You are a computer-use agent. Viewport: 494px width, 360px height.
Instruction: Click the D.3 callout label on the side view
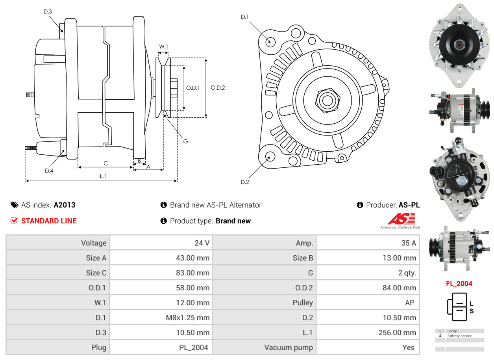(x=48, y=11)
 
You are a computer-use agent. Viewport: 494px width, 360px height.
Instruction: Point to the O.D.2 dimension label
(x=218, y=87)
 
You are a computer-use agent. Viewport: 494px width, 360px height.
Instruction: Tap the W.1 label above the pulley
(x=163, y=46)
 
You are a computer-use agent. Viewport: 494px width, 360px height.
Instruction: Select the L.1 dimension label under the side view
(x=103, y=176)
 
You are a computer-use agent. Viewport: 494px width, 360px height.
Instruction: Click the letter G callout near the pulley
(x=185, y=141)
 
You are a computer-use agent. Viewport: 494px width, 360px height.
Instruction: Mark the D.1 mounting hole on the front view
(x=270, y=41)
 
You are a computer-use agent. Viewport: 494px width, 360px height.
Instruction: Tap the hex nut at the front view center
(x=326, y=100)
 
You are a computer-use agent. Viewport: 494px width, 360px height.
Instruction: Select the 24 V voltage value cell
(x=202, y=243)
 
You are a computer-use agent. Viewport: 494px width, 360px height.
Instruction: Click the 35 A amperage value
(x=409, y=243)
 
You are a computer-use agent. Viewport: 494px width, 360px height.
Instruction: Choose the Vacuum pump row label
(x=289, y=347)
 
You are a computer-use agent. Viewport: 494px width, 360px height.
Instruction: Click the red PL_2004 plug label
(x=459, y=284)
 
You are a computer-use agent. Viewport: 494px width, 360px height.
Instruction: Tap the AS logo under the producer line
(x=401, y=219)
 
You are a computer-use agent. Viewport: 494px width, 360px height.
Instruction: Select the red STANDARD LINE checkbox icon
(x=14, y=221)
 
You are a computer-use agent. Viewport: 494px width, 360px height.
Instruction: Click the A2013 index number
(x=65, y=205)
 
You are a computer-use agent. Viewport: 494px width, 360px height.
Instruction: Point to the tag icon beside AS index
(x=14, y=205)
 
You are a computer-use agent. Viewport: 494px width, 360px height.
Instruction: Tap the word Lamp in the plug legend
(x=452, y=331)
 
